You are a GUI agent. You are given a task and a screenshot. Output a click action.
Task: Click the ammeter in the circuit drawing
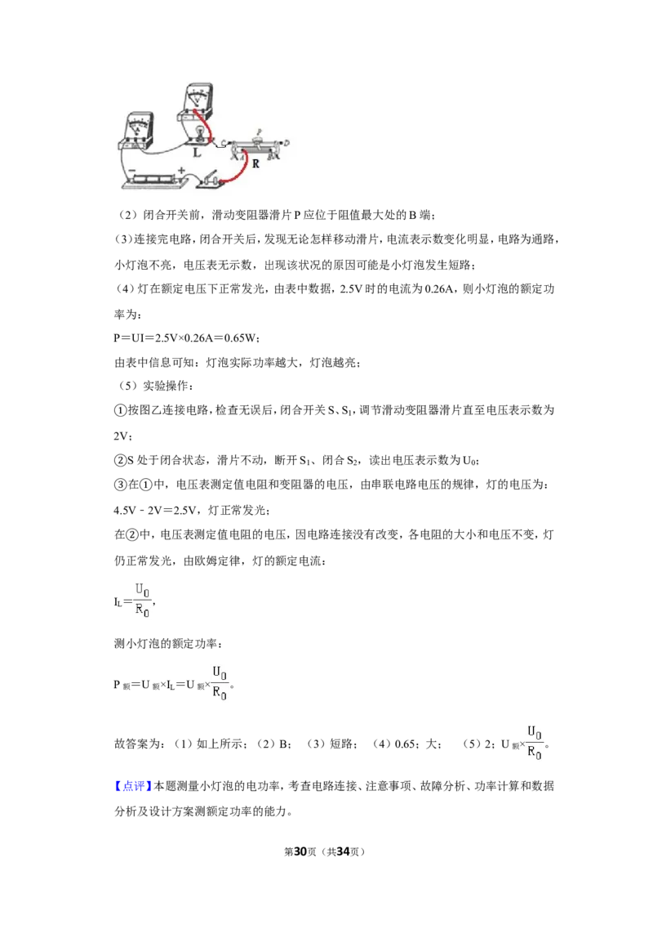pyautogui.click(x=137, y=130)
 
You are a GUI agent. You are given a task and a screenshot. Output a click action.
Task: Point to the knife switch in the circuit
pyautogui.click(x=211, y=179)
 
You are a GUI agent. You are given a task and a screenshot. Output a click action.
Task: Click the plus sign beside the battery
pyautogui.click(x=181, y=170)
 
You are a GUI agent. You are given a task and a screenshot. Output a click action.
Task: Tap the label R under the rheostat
pyautogui.click(x=255, y=164)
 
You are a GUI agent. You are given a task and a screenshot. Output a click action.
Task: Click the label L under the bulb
pyautogui.click(x=197, y=152)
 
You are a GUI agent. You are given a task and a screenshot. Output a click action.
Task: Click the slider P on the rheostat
pyautogui.click(x=258, y=136)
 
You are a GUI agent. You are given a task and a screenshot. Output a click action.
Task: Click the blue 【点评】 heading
pyautogui.click(x=133, y=786)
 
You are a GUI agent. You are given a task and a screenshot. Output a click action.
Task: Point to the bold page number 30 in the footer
pyautogui.click(x=300, y=851)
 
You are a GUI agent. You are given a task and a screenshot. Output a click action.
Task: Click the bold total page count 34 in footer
pyautogui.click(x=343, y=851)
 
